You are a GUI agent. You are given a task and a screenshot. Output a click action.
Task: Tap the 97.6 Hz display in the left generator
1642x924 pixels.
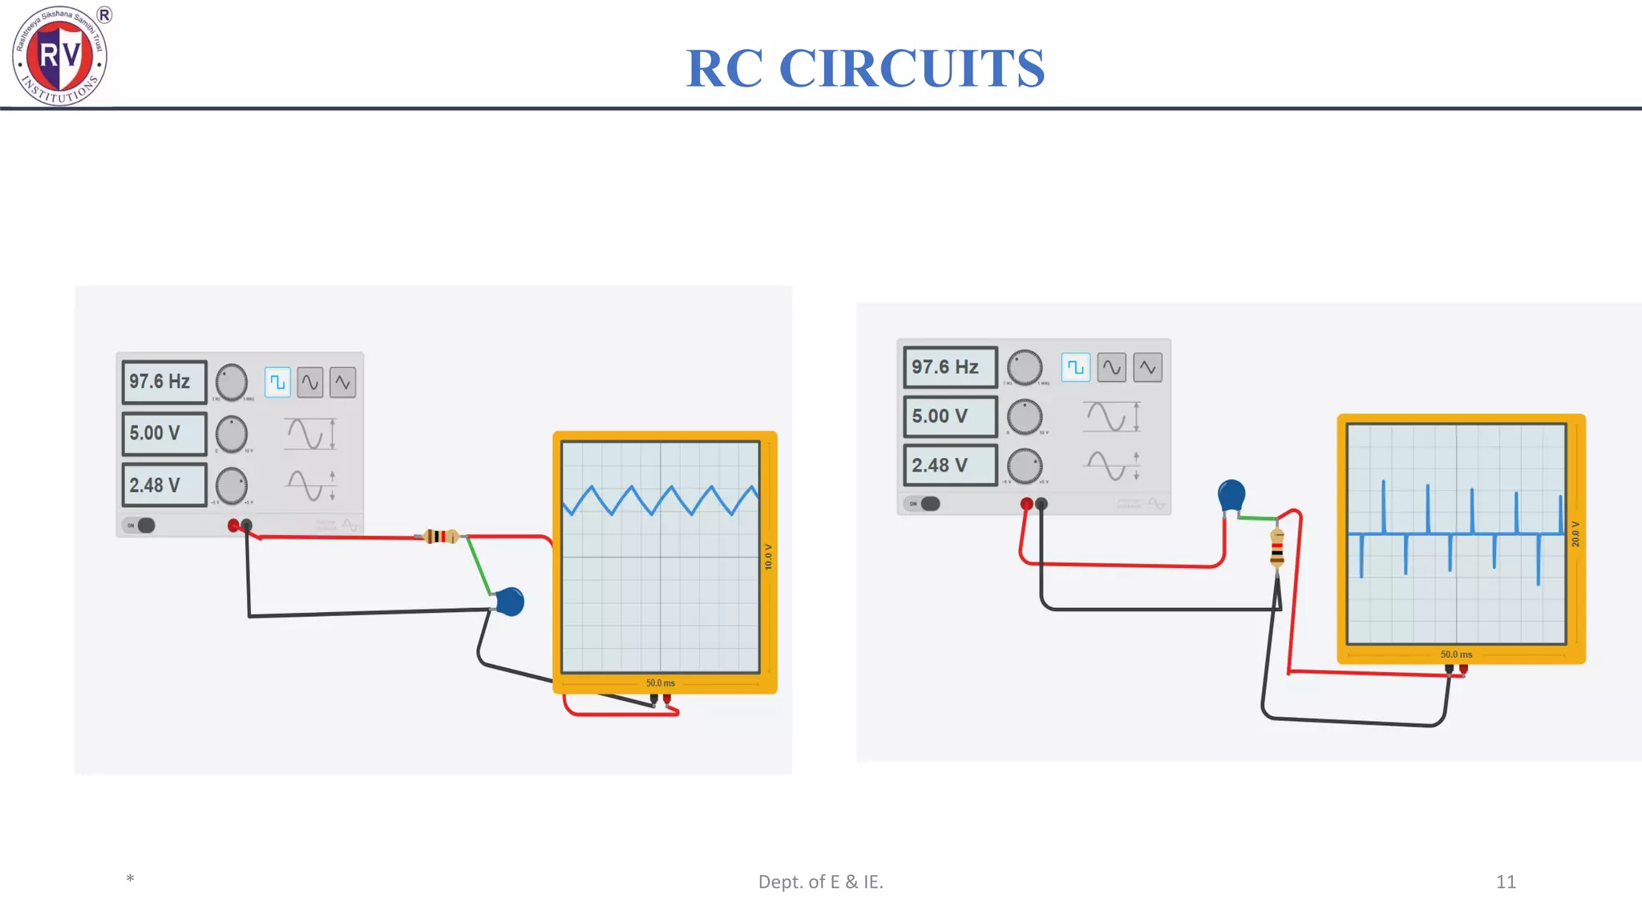164,382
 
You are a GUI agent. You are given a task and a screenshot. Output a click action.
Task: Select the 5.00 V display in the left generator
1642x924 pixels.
164,433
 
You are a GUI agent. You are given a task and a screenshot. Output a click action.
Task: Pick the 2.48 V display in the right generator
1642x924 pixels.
949,465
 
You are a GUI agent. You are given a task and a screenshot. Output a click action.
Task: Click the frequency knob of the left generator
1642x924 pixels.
232,383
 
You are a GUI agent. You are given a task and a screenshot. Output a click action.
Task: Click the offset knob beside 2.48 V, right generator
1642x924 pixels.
1025,466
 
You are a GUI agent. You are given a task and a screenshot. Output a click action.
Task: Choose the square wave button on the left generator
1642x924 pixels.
277,383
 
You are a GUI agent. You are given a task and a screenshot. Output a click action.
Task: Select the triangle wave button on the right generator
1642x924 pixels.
1147,367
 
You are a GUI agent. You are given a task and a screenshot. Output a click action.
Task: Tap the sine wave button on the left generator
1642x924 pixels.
310,383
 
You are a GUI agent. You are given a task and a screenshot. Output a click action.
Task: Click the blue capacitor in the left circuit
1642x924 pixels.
510,602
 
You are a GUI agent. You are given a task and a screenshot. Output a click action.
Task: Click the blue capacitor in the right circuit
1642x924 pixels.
1231,495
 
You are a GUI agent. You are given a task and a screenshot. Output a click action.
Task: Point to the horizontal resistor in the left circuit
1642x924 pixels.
441,536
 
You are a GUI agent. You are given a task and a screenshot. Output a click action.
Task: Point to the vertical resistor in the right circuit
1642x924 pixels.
1277,548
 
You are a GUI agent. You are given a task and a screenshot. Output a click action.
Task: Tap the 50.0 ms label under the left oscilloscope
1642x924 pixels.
660,683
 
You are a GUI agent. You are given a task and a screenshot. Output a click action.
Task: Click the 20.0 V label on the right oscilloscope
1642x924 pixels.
1575,534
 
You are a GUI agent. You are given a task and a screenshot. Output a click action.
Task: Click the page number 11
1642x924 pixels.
1505,881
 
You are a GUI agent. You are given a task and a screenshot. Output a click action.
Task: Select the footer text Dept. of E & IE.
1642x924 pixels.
820,881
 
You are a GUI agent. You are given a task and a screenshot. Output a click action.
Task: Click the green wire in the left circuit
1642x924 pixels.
479,566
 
